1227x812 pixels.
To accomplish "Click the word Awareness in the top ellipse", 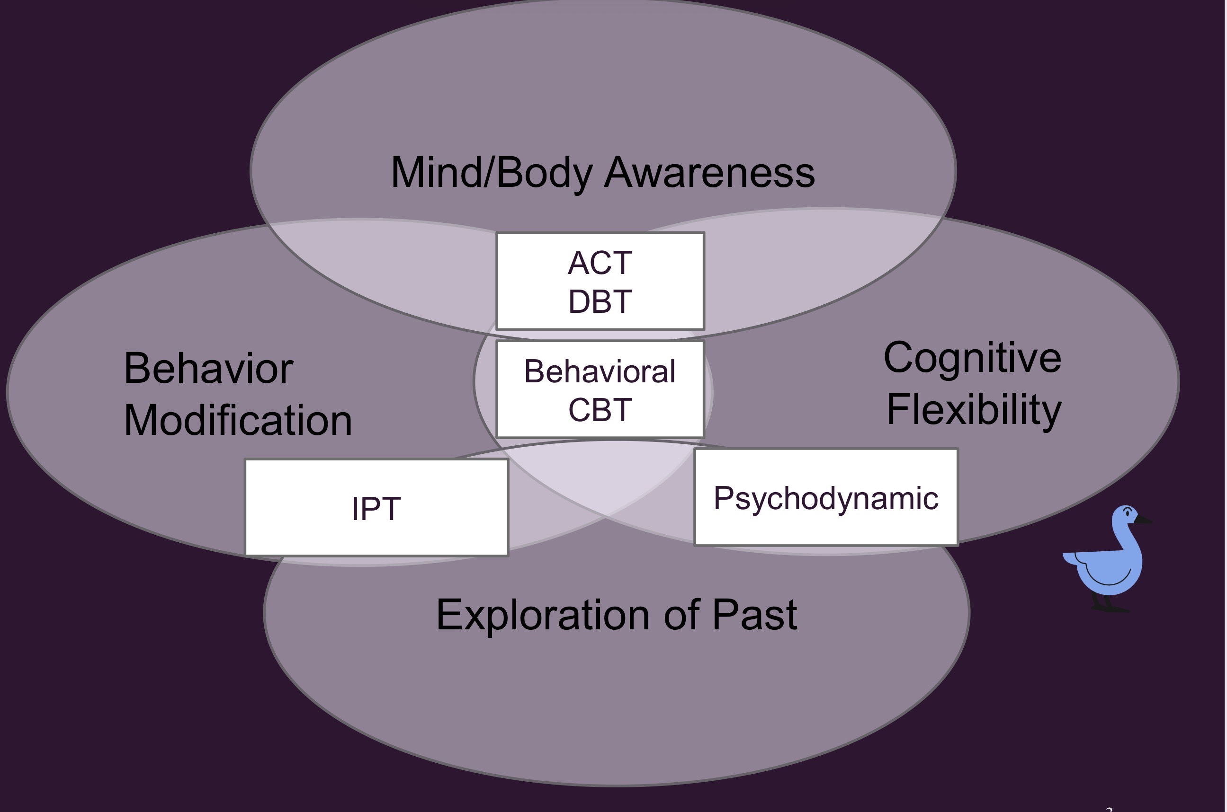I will (x=709, y=173).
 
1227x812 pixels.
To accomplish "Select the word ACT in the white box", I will (x=600, y=263).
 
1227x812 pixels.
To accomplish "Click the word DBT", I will (x=600, y=302).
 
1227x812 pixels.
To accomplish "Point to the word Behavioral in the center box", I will (x=600, y=372).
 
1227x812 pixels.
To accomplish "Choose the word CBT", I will (x=600, y=411).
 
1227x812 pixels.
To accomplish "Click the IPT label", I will (x=376, y=509).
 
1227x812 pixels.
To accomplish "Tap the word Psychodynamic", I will (x=826, y=499).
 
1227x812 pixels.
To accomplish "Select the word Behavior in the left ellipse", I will (x=208, y=369).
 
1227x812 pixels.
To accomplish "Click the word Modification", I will (x=238, y=421).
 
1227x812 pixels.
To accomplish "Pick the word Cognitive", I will (x=973, y=358).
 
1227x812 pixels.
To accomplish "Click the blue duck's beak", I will (x=1144, y=520).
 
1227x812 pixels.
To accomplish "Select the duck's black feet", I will (x=1109, y=607).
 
